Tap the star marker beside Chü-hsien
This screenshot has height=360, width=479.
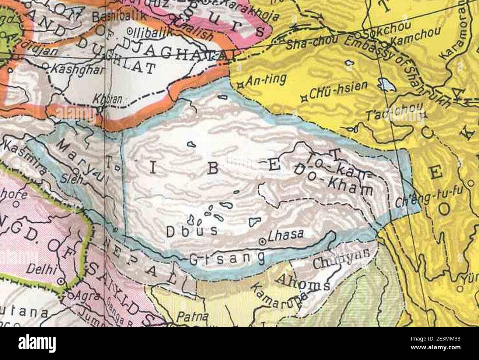pyautogui.click(x=304, y=98)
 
